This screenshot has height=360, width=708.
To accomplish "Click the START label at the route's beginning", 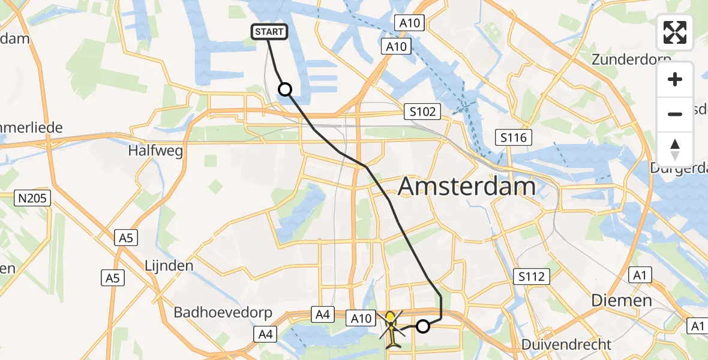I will (270, 32).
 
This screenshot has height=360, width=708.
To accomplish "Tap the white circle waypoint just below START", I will (285, 89).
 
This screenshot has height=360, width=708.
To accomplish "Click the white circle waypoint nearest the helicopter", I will (423, 326).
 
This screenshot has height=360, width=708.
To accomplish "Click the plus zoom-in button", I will (675, 80).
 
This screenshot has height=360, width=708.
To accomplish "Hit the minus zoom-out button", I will (675, 114).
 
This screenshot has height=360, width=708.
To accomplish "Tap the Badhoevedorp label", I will (223, 313).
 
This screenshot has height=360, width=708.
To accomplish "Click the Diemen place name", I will (622, 300).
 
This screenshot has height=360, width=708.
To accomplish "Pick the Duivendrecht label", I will (566, 344).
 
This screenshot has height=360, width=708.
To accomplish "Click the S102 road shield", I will (422, 111).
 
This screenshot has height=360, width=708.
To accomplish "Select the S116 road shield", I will (514, 138).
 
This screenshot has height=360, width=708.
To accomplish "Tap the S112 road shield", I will (532, 277).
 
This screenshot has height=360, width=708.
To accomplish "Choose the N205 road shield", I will (34, 197).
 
